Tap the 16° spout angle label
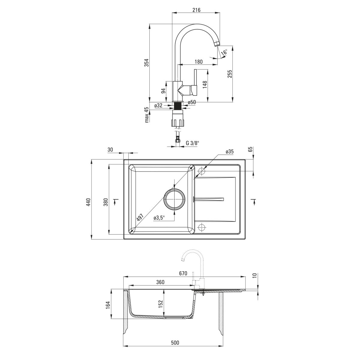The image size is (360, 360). [224, 52]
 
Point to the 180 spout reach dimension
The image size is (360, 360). [198, 61]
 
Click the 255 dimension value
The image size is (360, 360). [230, 74]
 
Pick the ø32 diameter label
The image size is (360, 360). [158, 105]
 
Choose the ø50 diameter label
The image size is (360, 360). [192, 102]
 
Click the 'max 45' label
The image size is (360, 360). [147, 115]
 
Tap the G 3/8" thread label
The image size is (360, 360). [193, 143]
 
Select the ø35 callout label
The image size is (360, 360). [229, 151]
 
